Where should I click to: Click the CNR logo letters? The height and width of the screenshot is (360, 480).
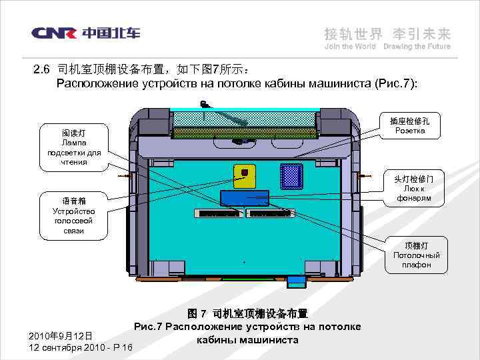point(55,33)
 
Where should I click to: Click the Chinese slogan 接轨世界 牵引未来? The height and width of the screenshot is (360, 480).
point(387,33)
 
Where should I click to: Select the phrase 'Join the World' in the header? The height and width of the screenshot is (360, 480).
point(350,47)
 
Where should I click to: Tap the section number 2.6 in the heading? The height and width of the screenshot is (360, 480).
point(42,70)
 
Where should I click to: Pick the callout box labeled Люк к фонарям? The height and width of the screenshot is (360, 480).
point(413,189)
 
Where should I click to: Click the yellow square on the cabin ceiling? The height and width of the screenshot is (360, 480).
point(245,174)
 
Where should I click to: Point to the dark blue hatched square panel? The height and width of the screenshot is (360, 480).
point(292,175)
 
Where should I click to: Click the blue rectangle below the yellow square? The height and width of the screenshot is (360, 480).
point(245,197)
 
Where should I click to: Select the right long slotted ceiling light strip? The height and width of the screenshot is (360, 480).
point(270,213)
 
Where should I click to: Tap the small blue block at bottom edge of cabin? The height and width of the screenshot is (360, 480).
point(294,282)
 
